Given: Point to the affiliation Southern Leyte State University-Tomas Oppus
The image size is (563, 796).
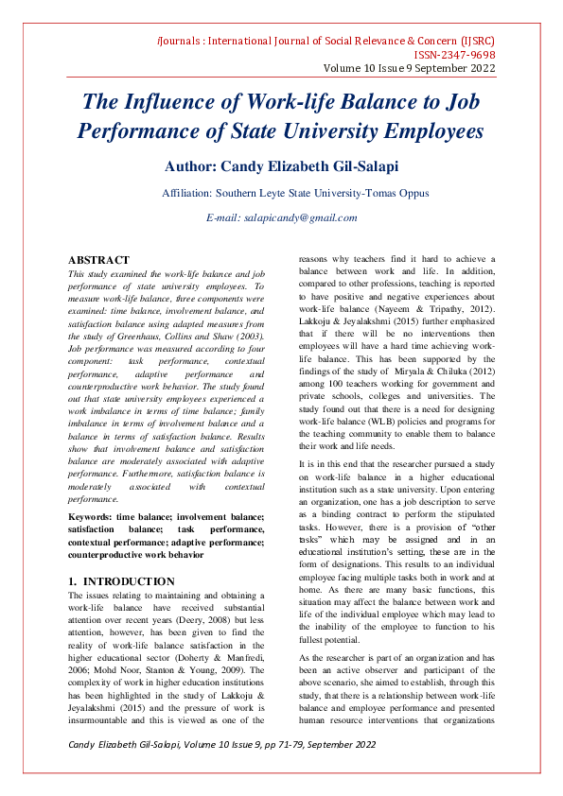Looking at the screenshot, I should [x=295, y=193].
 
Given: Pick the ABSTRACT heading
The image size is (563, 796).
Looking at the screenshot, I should [x=98, y=260].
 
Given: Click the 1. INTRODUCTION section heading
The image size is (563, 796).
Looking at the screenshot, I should [x=121, y=581].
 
